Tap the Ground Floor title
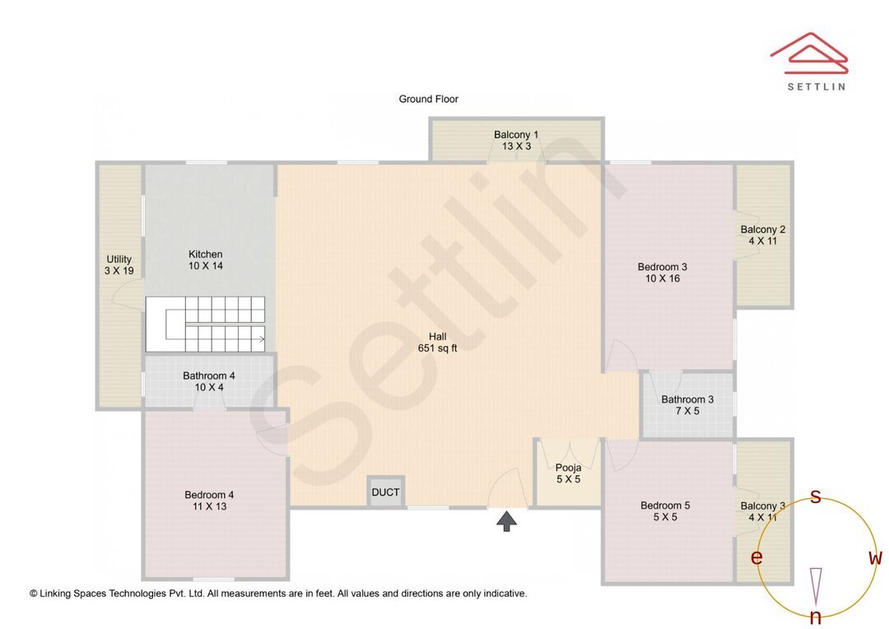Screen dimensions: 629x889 (x=428, y=99)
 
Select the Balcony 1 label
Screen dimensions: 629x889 (x=516, y=140)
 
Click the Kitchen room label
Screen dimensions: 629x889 (x=205, y=260)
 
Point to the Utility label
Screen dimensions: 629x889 (x=119, y=264)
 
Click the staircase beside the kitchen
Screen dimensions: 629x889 (x=206, y=324)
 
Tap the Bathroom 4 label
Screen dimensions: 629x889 (x=208, y=381)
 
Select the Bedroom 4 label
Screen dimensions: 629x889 (x=209, y=501)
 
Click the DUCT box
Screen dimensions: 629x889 (x=385, y=492)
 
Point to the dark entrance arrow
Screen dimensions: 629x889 (x=506, y=520)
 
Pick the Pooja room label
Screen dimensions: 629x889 (x=568, y=473)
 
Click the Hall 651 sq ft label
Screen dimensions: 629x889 (x=437, y=342)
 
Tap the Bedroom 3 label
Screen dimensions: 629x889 (x=662, y=273)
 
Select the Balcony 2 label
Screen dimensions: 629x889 (x=762, y=235)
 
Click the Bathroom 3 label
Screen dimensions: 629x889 (x=687, y=405)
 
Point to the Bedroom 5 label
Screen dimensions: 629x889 (x=660, y=511)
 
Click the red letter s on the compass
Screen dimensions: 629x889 (x=816, y=496)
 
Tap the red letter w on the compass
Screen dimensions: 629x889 (x=875, y=558)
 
